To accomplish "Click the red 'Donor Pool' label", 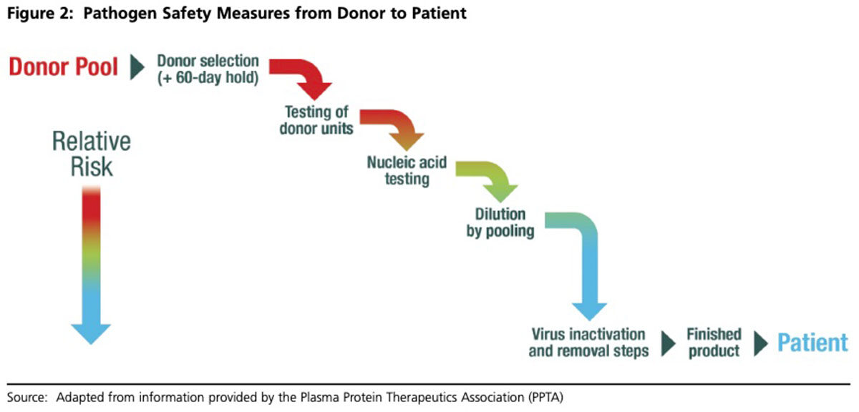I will [x=63, y=67].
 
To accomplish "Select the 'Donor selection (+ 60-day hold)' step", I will [x=208, y=69].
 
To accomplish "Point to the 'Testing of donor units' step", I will [x=316, y=120].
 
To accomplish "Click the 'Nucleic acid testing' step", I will [x=407, y=170].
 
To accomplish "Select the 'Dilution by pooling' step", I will [x=500, y=222].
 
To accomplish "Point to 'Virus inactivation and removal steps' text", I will [x=588, y=343].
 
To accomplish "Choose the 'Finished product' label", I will [x=714, y=343].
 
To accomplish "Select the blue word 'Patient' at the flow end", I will [x=812, y=343].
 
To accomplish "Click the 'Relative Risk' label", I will [x=91, y=153].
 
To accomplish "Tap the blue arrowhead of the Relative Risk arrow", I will [x=91, y=333].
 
